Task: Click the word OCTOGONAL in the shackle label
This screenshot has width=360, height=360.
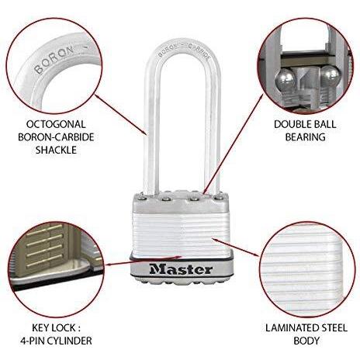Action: pos(56,124)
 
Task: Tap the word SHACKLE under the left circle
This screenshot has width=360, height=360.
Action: pos(56,150)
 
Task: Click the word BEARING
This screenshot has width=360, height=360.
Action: pos(305,137)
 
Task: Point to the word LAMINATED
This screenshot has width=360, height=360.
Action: pos(290,328)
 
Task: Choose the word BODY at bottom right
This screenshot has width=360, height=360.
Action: pos(306,341)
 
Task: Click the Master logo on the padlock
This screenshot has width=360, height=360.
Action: pos(181,269)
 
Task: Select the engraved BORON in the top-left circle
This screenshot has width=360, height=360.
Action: pos(54,60)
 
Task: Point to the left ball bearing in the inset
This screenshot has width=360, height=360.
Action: pos(285,80)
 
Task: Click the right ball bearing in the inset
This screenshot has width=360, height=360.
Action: pos(331,75)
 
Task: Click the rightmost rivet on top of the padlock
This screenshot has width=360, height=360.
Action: pos(220,198)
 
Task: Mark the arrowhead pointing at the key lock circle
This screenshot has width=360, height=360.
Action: pos(109,265)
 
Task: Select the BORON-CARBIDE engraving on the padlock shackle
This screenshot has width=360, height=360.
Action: pos(183,50)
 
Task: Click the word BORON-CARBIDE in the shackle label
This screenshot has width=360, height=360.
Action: pos(56,137)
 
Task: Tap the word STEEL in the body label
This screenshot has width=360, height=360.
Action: pos(333,328)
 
